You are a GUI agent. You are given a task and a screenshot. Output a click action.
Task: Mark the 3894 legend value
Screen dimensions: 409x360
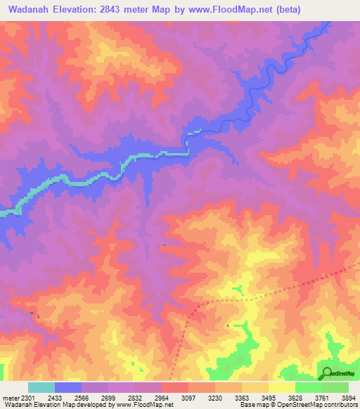click(345, 398)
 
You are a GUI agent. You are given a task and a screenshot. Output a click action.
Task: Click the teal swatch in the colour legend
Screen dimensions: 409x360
click(41, 387)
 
